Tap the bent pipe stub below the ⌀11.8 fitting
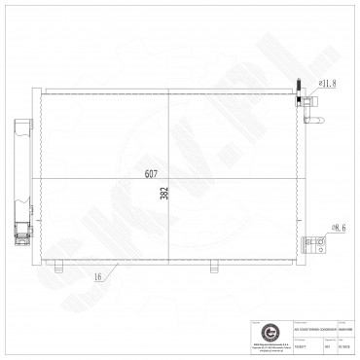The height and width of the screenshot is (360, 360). tap(313, 121)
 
